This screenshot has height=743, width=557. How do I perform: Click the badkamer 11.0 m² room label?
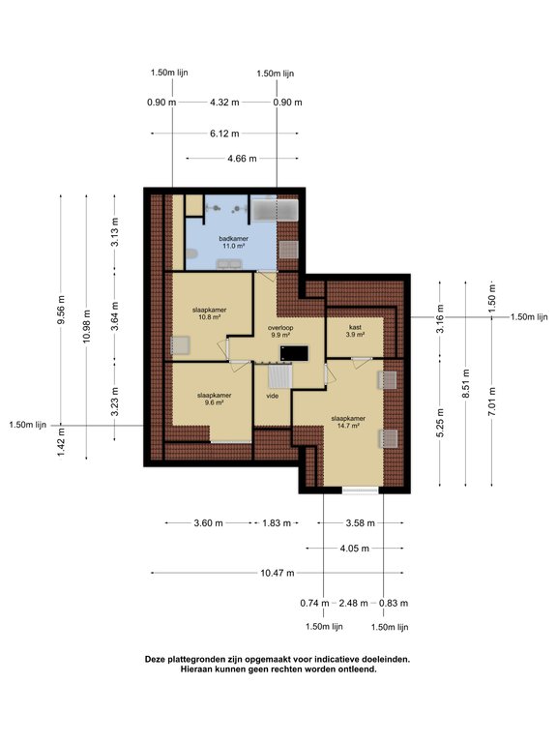[233, 242]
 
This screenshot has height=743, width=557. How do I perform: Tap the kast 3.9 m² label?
[355, 331]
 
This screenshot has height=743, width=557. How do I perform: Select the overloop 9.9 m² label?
[280, 331]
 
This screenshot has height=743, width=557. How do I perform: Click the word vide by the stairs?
[273, 396]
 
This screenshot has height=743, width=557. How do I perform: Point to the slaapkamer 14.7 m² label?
[348, 422]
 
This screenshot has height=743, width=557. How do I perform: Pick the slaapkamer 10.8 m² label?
[209, 313]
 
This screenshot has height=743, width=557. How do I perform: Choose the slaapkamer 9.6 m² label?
[214, 399]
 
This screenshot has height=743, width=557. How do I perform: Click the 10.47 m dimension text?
[278, 573]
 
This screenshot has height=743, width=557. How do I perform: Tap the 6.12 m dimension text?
[224, 134]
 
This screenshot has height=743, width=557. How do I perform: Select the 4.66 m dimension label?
[242, 159]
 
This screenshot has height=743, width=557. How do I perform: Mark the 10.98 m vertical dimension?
[86, 326]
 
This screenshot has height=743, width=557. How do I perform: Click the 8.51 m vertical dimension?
[466, 384]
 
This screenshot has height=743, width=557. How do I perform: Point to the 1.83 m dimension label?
[277, 523]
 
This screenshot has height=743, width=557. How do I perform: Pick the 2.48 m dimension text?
[353, 604]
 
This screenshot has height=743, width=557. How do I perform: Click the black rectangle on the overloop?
[295, 353]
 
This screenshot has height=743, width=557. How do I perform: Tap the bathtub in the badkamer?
[275, 210]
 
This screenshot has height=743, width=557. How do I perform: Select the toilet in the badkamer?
[191, 255]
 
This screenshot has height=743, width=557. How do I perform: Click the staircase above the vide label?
[279, 375]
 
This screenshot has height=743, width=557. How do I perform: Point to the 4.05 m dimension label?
[354, 549]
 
